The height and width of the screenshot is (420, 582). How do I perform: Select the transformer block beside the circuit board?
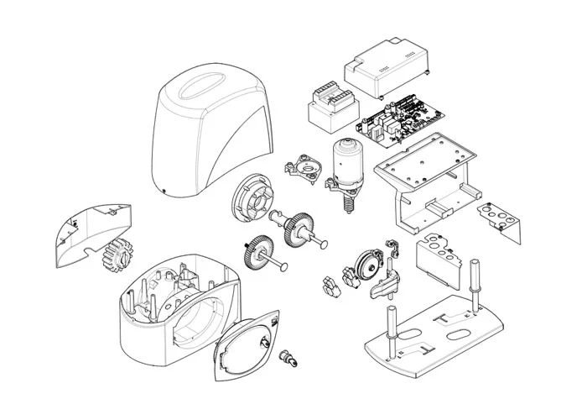click(x=330, y=104)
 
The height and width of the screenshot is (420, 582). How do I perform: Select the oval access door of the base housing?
click(x=247, y=345)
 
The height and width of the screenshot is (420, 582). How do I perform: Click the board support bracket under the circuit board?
click(x=421, y=176)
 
